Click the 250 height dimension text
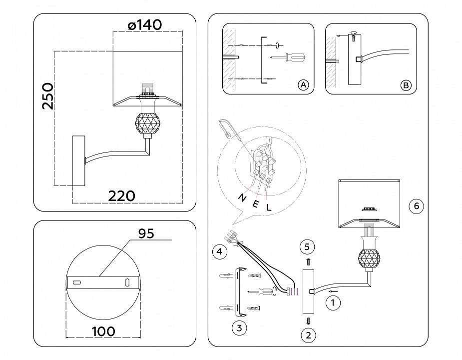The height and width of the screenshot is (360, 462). coord(47,96)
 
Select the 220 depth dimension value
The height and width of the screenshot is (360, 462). coord(122,196)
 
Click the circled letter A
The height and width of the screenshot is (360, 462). coord(303,85)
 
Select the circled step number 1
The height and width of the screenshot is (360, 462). coord(331,302)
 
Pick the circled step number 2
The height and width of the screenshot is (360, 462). coord(308,335)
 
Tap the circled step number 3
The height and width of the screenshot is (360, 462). coord(239,328)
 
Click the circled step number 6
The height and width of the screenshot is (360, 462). coord(416,205)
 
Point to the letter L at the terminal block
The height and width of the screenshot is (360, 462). coord(268,207)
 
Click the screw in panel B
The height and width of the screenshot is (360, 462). coord(353,34)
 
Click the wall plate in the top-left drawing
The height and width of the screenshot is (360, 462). coord(79,159)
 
